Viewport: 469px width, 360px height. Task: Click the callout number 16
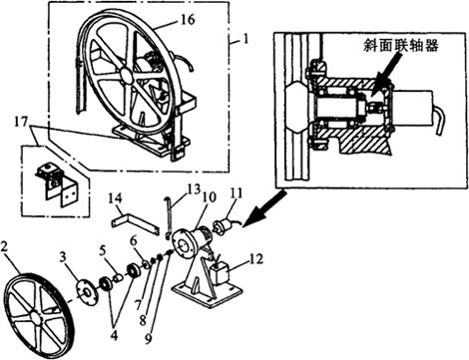[188, 20]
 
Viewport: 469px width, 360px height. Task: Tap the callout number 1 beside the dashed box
[245, 40]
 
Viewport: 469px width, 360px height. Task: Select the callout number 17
[21, 122]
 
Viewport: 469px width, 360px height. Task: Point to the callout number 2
[4, 246]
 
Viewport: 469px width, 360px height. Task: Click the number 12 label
[255, 258]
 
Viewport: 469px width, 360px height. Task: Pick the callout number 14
[116, 199]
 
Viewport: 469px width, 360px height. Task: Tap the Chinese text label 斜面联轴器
[401, 46]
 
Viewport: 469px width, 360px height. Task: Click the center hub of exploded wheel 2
[36, 317]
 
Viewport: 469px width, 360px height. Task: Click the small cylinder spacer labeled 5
[119, 277]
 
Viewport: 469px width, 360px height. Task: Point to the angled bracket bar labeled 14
[135, 222]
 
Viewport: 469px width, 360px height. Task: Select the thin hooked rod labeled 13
[169, 216]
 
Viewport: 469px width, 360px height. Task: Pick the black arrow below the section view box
[267, 205]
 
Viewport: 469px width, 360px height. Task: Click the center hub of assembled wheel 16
[126, 75]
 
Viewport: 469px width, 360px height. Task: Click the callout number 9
[149, 338]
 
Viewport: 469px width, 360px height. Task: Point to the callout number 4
[114, 335]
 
